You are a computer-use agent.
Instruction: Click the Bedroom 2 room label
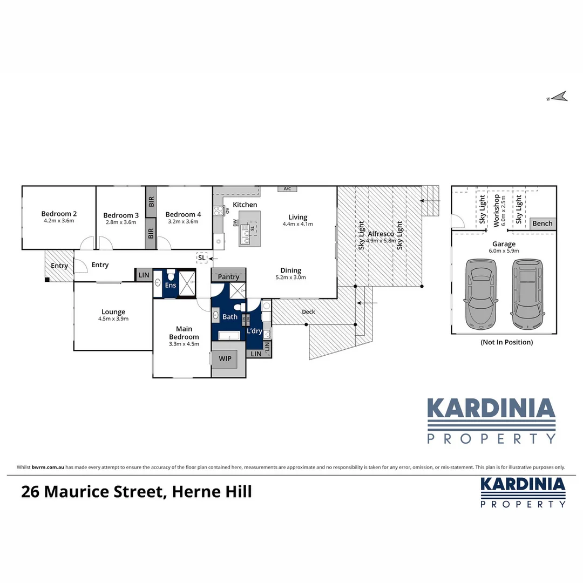pos(59,213)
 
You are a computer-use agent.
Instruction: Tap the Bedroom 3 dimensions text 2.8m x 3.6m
pos(121,222)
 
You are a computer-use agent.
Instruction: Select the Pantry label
pos(228,277)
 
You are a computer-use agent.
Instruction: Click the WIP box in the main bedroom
pos(225,358)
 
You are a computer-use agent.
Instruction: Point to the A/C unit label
pos(287,189)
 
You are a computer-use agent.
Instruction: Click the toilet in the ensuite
pos(170,275)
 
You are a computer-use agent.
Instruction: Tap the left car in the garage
pos(479,295)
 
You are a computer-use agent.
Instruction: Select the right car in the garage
pos(527,295)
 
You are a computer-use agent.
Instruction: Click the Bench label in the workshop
pos(542,223)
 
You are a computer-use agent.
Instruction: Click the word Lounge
pos(113,311)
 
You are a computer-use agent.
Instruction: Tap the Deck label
pos(308,311)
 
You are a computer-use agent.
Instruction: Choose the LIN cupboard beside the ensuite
pos(144,275)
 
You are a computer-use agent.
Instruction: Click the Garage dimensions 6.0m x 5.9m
pos(503,251)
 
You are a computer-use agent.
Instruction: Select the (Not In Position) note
pos(506,342)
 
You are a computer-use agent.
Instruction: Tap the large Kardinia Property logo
pos(491,421)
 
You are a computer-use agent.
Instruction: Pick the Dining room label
pos(290,270)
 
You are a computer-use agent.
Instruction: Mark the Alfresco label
pos(380,234)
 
